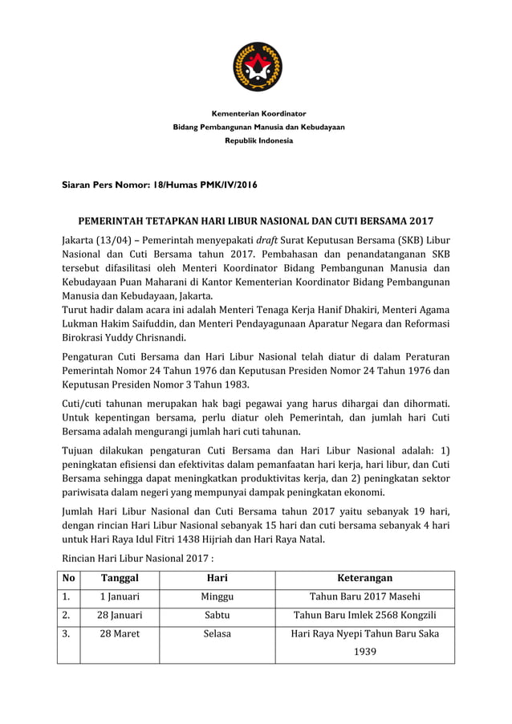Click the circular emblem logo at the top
[257, 67]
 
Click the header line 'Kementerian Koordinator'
[258, 113]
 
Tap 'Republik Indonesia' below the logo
[258, 140]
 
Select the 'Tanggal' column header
[120, 578]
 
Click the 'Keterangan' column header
[364, 578]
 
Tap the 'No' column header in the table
[68, 578]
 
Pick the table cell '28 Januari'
[120, 616]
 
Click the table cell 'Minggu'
[217, 596]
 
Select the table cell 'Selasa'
[217, 634]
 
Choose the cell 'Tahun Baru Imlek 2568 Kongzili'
[364, 616]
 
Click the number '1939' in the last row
[364, 653]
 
